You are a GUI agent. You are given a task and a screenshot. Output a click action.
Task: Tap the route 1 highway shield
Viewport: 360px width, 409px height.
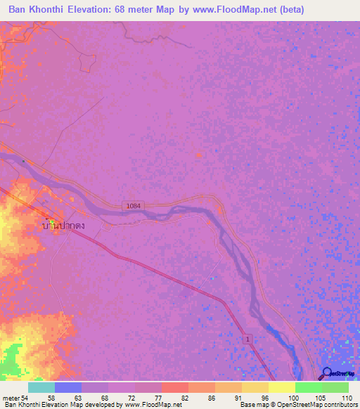(x=248, y=339)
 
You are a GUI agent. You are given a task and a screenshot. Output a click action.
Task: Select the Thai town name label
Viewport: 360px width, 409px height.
(x=64, y=226)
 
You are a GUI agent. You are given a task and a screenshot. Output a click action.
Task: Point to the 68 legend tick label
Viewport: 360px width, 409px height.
(x=104, y=397)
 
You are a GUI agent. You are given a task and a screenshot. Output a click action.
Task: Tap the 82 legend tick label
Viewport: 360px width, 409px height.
(x=184, y=397)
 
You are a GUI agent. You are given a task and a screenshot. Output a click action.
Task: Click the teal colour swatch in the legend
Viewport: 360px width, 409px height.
(x=41, y=387)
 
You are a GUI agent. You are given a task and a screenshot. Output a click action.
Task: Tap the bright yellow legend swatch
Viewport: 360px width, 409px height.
(x=282, y=387)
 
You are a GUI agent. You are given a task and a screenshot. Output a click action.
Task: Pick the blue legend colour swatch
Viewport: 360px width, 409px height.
(x=68, y=387)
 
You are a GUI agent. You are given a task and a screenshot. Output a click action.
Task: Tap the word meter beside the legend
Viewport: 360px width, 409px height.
(x=10, y=397)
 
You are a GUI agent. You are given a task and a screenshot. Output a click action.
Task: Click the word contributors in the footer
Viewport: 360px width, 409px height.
(x=340, y=405)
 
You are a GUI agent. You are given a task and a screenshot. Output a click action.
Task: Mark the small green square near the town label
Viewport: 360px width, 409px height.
(x=51, y=222)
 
